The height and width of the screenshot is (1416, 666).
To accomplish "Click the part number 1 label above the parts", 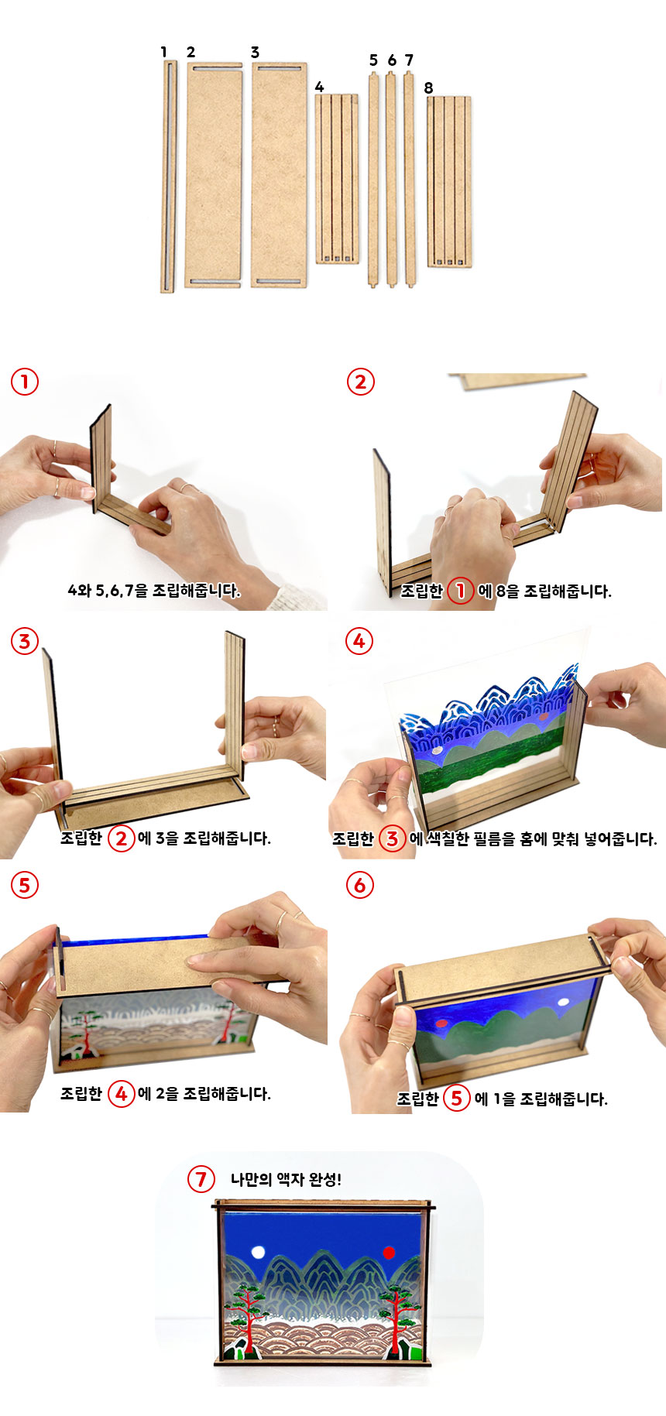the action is click(163, 52).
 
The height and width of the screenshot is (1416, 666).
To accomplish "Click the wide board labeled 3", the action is click(279, 175).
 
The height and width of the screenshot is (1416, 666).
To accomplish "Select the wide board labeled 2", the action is click(214, 175).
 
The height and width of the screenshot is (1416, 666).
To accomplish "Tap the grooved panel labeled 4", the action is click(337, 179).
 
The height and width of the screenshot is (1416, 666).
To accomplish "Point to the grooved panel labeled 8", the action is click(449, 182).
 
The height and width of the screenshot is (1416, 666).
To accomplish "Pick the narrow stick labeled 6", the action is click(391, 179).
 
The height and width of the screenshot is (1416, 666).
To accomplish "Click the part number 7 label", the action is click(409, 60).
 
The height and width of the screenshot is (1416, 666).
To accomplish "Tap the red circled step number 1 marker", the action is click(24, 381).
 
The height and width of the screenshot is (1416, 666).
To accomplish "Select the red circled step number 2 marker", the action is click(360, 381).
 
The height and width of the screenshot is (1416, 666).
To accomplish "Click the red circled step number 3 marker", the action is click(24, 641).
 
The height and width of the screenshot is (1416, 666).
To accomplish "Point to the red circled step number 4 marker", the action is click(359, 641).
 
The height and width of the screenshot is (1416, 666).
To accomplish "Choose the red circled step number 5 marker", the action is click(24, 885).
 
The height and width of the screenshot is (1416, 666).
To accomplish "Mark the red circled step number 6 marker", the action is click(359, 885).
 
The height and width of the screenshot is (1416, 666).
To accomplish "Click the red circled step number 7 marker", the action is click(201, 1179).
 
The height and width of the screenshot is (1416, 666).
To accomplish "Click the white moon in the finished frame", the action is click(258, 1253).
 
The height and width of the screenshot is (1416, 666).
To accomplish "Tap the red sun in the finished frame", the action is click(389, 1252).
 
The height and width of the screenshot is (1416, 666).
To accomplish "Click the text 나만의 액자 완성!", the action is click(286, 1180).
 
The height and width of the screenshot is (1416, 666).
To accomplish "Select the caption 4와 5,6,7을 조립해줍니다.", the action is click(154, 591).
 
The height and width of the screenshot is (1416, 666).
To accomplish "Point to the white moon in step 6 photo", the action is click(563, 1002).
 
